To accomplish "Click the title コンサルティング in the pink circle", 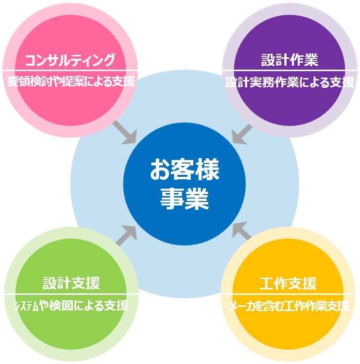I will coord(70,60).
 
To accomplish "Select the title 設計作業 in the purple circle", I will coord(289,60).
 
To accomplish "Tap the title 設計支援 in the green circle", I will coord(71,283).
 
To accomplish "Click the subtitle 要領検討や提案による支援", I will coord(71,81).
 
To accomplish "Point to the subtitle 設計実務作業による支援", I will coord(289,82).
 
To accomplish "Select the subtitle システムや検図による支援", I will coord(71,306).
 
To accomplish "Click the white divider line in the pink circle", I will coord(70,71).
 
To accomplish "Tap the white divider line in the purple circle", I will coord(289,70).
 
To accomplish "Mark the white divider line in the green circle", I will coord(71,294).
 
